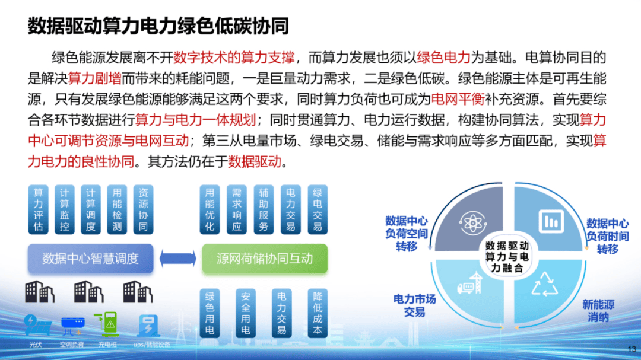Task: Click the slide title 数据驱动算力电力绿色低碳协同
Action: tap(158, 26)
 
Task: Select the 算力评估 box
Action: tap(39, 209)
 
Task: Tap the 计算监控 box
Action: tap(65, 209)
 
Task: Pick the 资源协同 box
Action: tap(143, 209)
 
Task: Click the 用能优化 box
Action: tap(210, 209)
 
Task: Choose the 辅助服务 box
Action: tap(264, 209)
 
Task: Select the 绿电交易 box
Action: tap(318, 209)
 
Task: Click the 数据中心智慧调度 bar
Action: tap(90, 259)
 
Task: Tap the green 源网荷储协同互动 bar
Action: tap(265, 259)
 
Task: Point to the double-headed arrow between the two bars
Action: tap(177, 259)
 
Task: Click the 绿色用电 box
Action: tap(210, 313)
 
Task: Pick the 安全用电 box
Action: tap(246, 313)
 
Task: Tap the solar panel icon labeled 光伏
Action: tap(37, 325)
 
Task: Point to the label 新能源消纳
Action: tap(598, 311)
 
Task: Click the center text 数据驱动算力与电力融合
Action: tap(506, 256)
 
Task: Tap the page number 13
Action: tap(632, 349)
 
